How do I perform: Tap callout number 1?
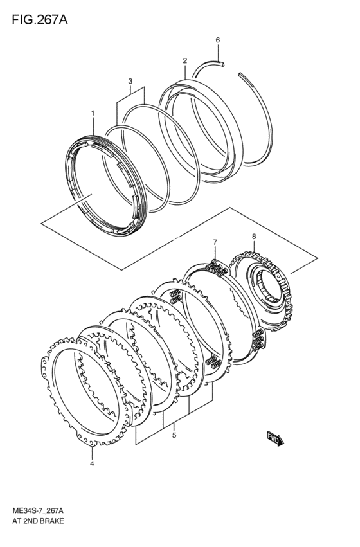click(x=93, y=113)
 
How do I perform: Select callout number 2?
click(x=184, y=61)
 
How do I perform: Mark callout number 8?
click(x=254, y=237)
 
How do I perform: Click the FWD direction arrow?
click(x=275, y=440)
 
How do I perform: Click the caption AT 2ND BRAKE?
click(x=38, y=521)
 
